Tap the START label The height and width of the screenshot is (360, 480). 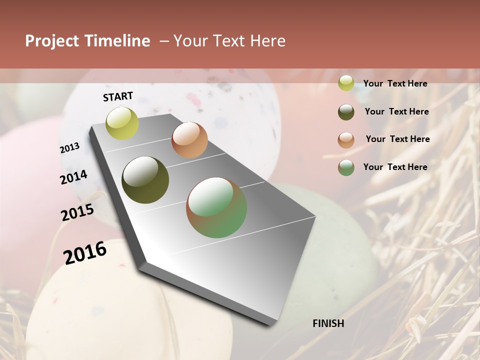pyautogui.click(x=118, y=96)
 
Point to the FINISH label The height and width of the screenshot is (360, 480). pyautogui.click(x=328, y=323)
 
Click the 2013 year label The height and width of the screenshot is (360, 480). pyautogui.click(x=70, y=148)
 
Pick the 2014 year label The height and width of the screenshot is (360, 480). pyautogui.click(x=73, y=177)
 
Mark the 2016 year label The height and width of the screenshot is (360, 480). pyautogui.click(x=85, y=252)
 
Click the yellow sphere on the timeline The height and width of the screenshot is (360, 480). pyautogui.click(x=122, y=123)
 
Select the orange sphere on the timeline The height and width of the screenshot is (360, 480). pyautogui.click(x=189, y=140)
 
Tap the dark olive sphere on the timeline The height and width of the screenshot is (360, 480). pyautogui.click(x=145, y=180)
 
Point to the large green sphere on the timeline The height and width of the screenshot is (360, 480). pyautogui.click(x=216, y=207)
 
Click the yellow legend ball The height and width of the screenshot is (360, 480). pyautogui.click(x=346, y=83)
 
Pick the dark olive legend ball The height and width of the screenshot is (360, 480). pyautogui.click(x=346, y=112)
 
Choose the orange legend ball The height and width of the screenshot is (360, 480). pyautogui.click(x=346, y=140)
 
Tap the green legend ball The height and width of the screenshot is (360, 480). pyautogui.click(x=346, y=167)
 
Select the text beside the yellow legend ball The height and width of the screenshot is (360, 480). pyautogui.click(x=395, y=83)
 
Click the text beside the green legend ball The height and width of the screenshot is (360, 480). pyautogui.click(x=395, y=167)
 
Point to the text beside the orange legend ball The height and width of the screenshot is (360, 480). pyautogui.click(x=397, y=139)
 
